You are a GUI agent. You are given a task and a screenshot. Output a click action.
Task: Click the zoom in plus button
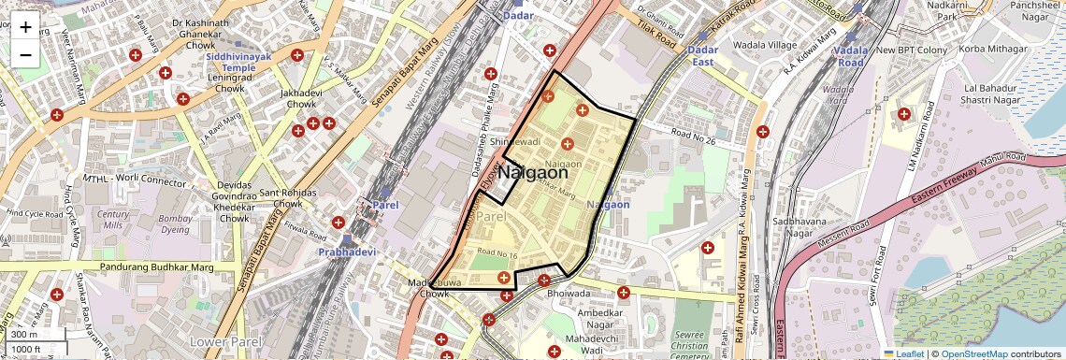tap(25, 26)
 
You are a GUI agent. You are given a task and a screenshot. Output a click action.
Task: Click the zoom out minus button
tap(25, 54)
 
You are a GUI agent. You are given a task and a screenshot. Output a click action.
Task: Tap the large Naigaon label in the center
tap(532, 172)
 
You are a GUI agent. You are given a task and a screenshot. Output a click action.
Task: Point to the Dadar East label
tap(701, 55)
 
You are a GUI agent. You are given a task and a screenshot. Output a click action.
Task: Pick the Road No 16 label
tap(497, 254)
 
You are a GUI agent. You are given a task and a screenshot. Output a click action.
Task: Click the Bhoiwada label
tap(569, 293)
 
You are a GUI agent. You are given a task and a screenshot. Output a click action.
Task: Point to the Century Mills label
tap(113, 220)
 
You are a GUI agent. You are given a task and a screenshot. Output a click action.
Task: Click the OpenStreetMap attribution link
tap(974, 353)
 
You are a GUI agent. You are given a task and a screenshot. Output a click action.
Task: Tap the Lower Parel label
tap(219, 341)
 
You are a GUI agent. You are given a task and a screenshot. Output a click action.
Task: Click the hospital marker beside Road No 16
tap(504, 277)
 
